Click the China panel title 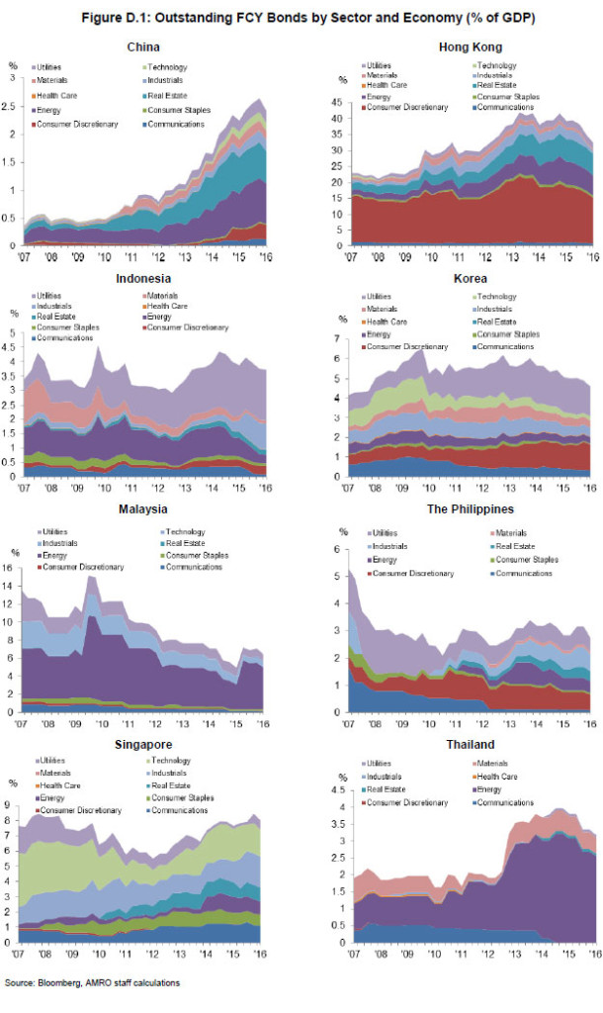pyautogui.click(x=144, y=47)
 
